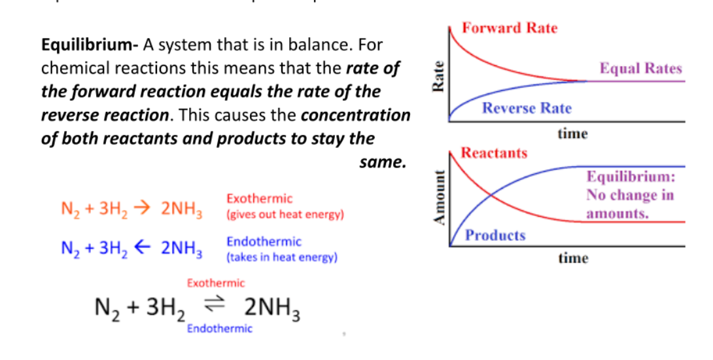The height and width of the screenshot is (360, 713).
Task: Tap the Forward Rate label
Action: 510,28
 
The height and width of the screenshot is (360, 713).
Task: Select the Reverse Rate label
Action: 527,108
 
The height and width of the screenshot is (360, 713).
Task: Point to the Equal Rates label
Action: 641,68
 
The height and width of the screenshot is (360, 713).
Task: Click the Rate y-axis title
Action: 439,77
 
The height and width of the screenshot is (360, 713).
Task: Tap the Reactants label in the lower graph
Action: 495,153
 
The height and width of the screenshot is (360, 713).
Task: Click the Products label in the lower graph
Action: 495,235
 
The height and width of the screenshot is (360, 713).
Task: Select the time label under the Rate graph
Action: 573,134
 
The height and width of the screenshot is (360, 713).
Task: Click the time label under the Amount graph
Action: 574,259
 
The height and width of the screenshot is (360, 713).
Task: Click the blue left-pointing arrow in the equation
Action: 143,247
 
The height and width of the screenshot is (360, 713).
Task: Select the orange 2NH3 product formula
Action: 182,209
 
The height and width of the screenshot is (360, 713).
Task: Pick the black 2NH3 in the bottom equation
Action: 272,308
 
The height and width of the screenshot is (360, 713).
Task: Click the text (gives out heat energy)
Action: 285,215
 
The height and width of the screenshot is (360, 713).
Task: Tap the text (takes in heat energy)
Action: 282,258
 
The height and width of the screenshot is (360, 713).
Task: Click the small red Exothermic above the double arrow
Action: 216,283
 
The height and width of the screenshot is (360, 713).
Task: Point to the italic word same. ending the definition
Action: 383,162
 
